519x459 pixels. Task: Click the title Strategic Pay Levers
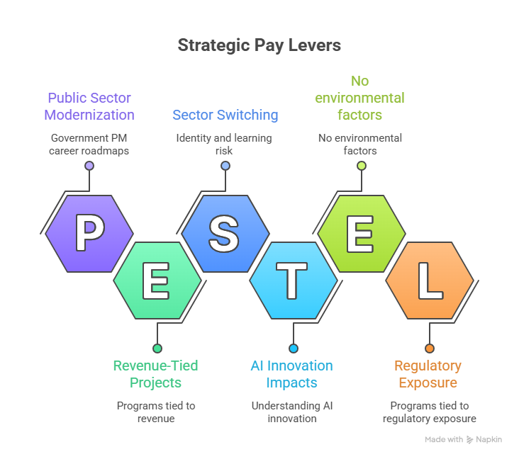point(259,45)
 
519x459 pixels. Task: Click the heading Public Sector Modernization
point(89,106)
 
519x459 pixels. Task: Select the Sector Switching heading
point(225,115)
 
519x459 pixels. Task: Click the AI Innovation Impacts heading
point(291,374)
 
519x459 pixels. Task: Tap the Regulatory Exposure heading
point(428,374)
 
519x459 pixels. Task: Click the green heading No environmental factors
point(361,98)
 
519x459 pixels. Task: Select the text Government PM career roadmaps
point(89,144)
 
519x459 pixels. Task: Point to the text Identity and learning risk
point(225,144)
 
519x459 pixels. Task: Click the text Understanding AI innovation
point(291,412)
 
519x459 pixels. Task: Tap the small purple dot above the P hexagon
point(89,166)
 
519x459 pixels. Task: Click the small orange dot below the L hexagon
point(429,348)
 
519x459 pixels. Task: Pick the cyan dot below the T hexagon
point(294,348)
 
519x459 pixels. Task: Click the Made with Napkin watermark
point(463,440)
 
